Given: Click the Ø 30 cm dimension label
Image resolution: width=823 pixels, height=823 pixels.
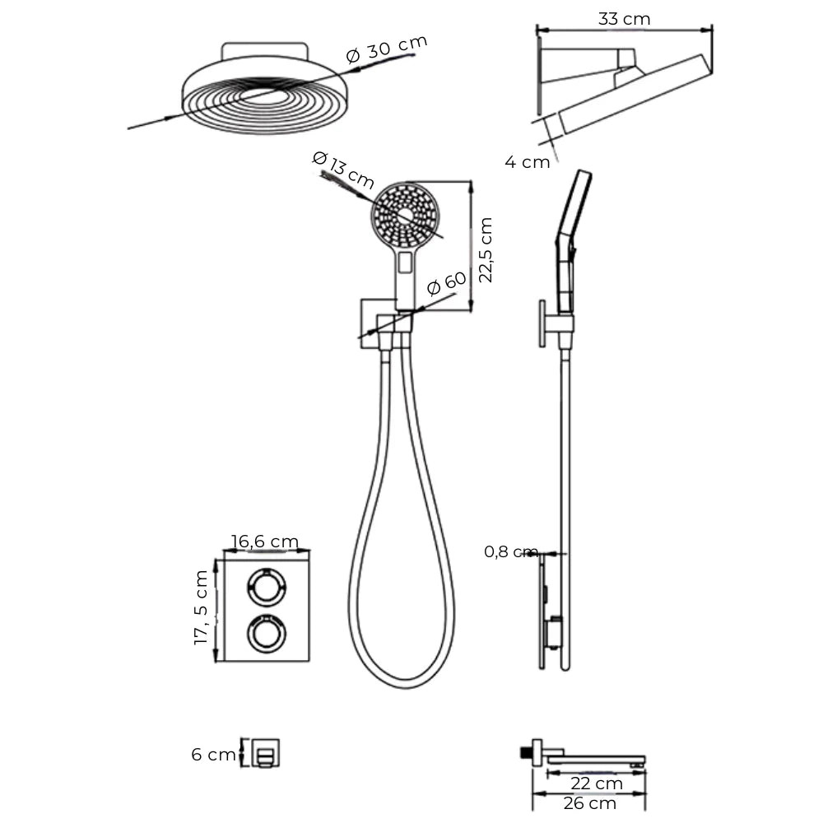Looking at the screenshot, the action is tap(387, 49).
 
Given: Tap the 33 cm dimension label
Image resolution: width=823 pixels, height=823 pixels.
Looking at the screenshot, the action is tap(624, 19).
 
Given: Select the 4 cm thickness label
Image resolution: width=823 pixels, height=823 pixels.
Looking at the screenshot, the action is tap(527, 161).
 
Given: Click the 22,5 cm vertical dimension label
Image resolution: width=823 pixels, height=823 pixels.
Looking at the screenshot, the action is tap(486, 250).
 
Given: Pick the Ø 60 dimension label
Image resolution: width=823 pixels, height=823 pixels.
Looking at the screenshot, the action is tap(447, 283).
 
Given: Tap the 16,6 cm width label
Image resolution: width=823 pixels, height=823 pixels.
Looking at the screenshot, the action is tap(264, 541).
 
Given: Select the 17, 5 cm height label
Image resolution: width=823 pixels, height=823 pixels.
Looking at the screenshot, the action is tap(201, 608).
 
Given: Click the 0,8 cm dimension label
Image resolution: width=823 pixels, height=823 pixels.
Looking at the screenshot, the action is tap(511, 551).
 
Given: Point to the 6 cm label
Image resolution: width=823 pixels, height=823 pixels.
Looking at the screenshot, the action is tap(213, 754).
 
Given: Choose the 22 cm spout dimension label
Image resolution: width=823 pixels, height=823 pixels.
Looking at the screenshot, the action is tap(596, 783).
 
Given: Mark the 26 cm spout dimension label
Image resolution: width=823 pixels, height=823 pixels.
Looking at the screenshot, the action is tap(589, 803).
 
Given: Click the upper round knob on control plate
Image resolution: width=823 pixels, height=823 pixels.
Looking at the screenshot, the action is tap(267, 588).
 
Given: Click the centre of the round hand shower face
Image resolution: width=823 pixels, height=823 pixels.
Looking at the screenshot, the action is tap(406, 215).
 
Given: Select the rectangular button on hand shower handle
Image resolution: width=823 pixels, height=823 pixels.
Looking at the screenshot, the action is tap(405, 263).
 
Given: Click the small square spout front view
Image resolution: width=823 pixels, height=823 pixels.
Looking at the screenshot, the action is tap(266, 753).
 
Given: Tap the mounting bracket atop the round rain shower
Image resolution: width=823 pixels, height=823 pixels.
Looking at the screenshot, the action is tap(264, 50).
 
